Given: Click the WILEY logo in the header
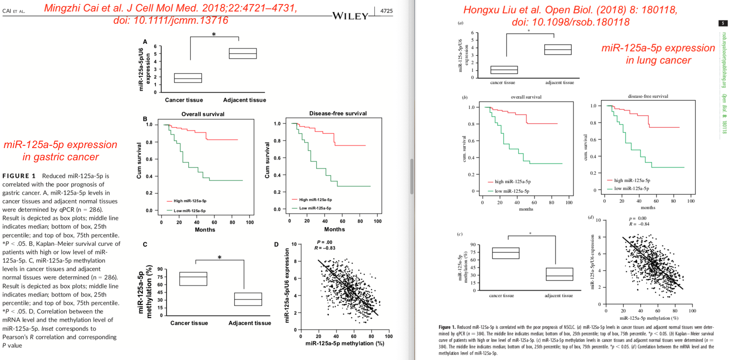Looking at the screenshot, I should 350,16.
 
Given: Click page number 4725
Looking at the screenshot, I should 386,11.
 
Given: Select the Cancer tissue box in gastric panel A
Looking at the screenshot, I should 188,78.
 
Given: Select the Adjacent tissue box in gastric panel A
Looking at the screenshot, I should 243,54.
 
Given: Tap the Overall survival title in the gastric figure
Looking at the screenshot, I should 203,114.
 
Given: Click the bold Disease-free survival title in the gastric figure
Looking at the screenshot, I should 338,113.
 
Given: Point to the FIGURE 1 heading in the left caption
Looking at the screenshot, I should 19,176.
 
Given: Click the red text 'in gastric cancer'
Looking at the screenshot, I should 60,157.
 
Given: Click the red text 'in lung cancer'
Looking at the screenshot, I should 658,60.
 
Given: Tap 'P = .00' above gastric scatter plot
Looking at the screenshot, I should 325,242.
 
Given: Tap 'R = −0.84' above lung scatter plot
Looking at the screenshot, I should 639,224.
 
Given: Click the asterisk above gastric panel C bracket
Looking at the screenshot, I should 219,257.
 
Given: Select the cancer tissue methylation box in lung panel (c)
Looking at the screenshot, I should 506,253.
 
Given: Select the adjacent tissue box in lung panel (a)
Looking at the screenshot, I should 558,50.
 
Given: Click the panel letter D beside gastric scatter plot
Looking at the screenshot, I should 276,244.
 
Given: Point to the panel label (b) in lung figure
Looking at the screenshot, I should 465,98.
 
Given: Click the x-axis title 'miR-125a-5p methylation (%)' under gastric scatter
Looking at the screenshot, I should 344,344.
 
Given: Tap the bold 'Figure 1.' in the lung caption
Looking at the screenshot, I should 447,327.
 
